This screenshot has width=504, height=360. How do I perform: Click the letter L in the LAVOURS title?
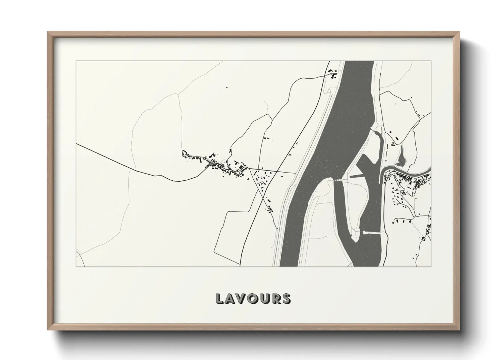[x=220, y=298]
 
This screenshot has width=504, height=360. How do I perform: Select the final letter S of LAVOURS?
[x=286, y=298]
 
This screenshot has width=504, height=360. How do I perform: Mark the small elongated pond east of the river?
[x=402, y=157]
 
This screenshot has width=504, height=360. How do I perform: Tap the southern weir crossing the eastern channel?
[x=372, y=233]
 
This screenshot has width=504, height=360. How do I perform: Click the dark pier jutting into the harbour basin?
[x=358, y=176]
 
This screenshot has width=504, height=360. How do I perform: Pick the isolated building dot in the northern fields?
[x=226, y=87]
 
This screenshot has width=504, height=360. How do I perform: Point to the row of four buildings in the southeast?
[x=402, y=221]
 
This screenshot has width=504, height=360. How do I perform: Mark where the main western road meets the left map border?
[x=76, y=144]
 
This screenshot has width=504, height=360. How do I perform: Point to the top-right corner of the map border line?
[x=431, y=61]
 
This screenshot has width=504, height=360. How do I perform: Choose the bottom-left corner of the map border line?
[x=76, y=266]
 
